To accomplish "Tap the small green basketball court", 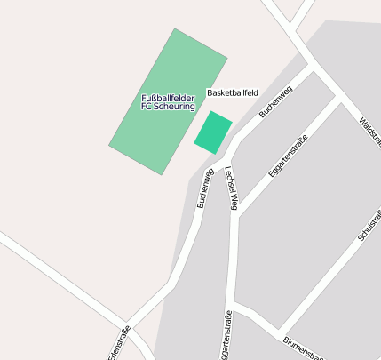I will click(213, 132).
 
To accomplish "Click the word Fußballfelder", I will click(169, 98).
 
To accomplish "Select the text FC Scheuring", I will click(169, 107).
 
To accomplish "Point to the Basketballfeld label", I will click(233, 92).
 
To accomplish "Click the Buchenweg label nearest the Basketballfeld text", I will click(275, 102).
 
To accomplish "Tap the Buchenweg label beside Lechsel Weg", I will click(205, 188).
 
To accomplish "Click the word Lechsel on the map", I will click(228, 178).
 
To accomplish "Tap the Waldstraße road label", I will click(369, 130).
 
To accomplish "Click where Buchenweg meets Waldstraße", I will click(312, 68).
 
